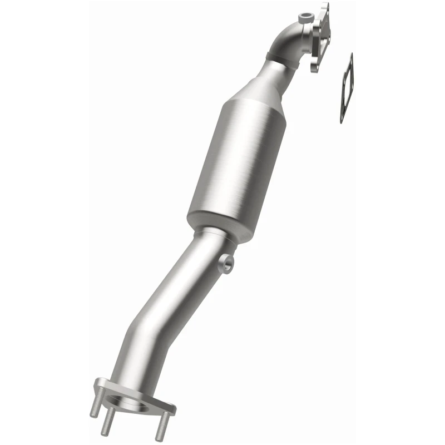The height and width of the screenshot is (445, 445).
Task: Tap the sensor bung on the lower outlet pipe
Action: coord(227,263)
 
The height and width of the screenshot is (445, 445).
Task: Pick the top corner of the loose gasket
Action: coord(350,56)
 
